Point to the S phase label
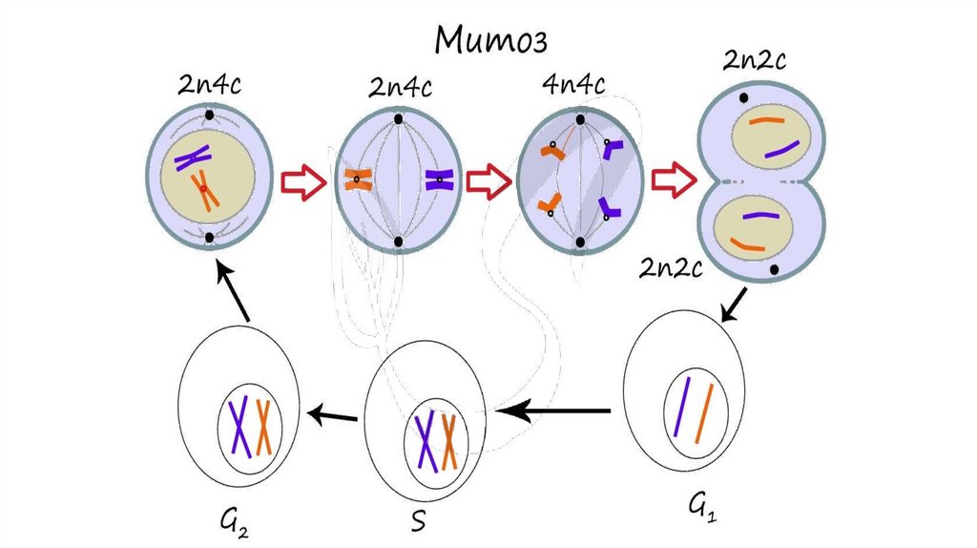coord(417,521)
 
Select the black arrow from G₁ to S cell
coord(556,411)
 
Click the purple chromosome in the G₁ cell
coord(681,407)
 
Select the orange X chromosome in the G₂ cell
coord(263,427)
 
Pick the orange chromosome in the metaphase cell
coord(358,179)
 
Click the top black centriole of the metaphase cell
coord(398,119)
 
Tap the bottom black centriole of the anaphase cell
coord(579,242)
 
